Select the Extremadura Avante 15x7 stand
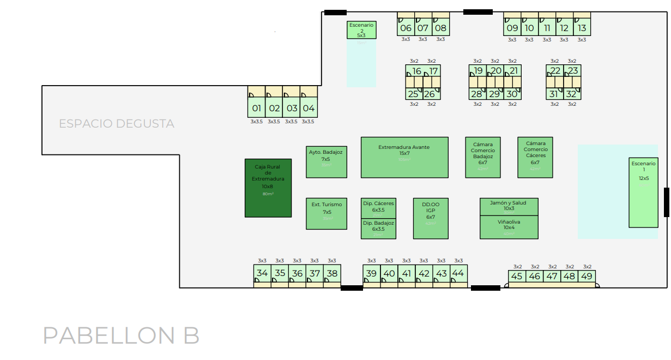(404, 157)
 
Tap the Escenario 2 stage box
(361, 30)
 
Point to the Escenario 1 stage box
(644, 192)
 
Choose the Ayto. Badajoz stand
(326, 162)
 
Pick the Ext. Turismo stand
(326, 213)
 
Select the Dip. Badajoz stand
(378, 229)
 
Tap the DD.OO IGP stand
(431, 218)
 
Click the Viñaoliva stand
(509, 227)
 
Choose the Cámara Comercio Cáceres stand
(535, 157)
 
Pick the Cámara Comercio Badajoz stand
(483, 157)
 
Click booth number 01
(257, 108)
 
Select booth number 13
(582, 28)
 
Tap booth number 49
(587, 277)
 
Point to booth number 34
(262, 273)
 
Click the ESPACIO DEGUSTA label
(117, 124)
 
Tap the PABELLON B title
(121, 335)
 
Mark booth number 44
(458, 273)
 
